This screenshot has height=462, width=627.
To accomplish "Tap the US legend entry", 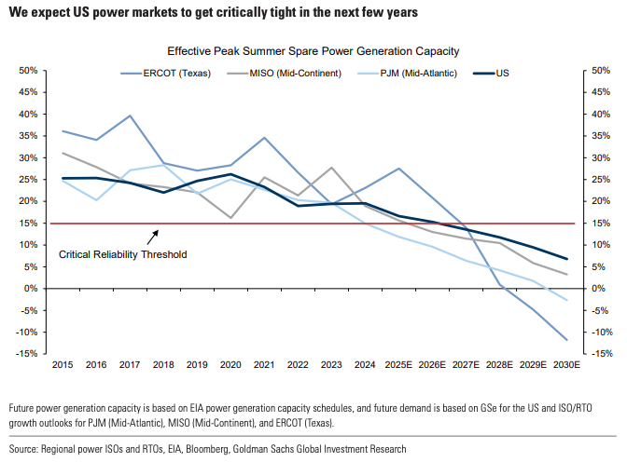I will click(503, 73).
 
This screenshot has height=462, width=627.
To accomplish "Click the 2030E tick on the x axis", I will click(563, 364).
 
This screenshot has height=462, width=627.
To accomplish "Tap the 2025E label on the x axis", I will click(398, 364).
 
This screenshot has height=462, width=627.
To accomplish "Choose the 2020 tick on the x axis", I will click(229, 364).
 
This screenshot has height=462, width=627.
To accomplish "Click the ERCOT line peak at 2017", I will click(129, 116).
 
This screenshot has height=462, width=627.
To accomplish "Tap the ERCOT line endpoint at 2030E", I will click(563, 340).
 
